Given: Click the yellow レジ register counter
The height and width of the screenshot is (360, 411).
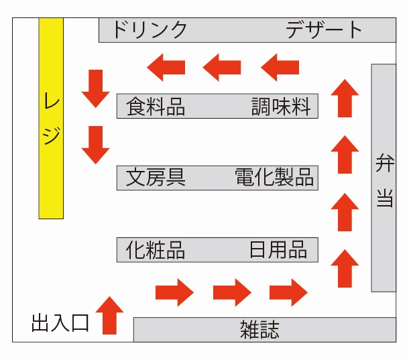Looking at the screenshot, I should pos(51,118).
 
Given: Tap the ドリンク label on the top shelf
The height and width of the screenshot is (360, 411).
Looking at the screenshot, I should pos(149,30).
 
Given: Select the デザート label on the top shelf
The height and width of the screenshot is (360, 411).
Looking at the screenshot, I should pos(324,30).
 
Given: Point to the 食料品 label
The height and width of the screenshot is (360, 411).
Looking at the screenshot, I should pos(156,107).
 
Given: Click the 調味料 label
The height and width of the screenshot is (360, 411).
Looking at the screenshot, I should pos(281,107).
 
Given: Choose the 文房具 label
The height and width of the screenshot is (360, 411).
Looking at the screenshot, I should pos(156,178).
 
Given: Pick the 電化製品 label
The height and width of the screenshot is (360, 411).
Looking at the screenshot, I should pos(274,178).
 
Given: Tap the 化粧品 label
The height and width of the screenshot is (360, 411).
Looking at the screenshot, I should pos(156,250).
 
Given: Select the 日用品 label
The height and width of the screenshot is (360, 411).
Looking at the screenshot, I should pos(278,250).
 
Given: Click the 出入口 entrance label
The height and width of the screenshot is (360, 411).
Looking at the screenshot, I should pos(60,324).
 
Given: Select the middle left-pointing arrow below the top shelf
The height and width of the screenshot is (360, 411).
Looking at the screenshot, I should pos(222,66).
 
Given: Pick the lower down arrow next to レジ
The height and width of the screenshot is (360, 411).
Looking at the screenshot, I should pos(96,145).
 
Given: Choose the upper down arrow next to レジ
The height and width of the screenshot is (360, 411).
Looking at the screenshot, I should pos(96,88).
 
